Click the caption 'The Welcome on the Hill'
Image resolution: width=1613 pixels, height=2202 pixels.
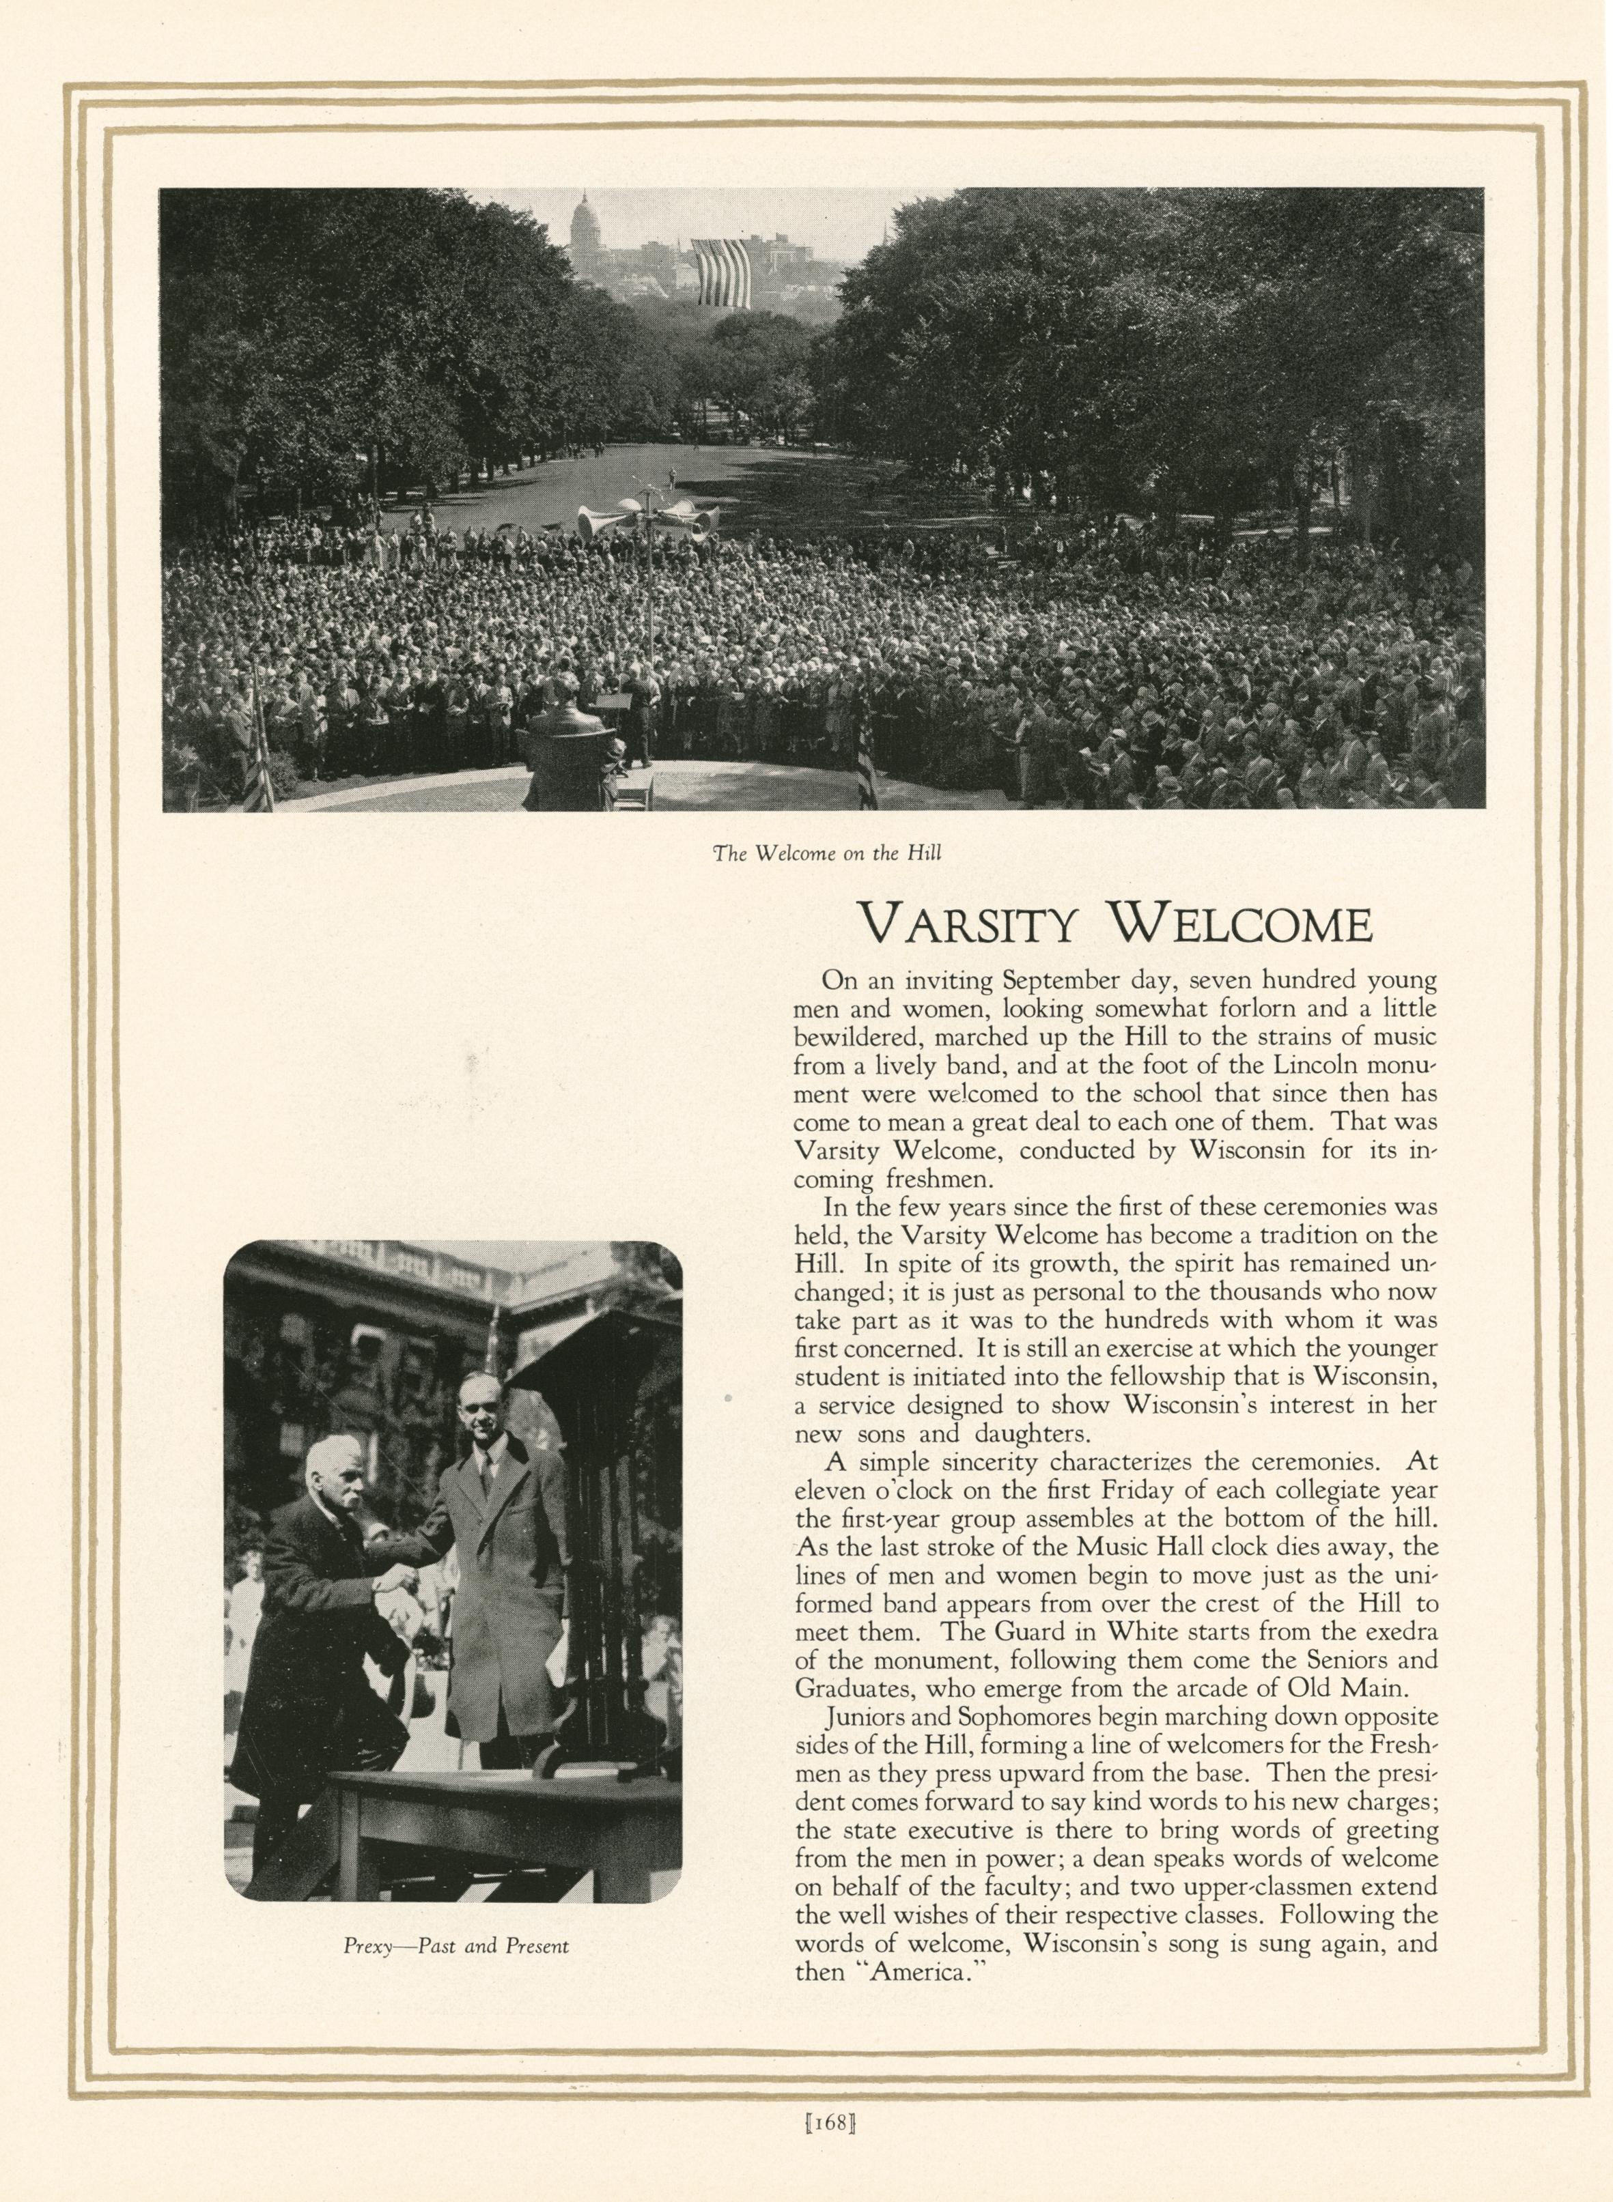coord(826,853)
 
